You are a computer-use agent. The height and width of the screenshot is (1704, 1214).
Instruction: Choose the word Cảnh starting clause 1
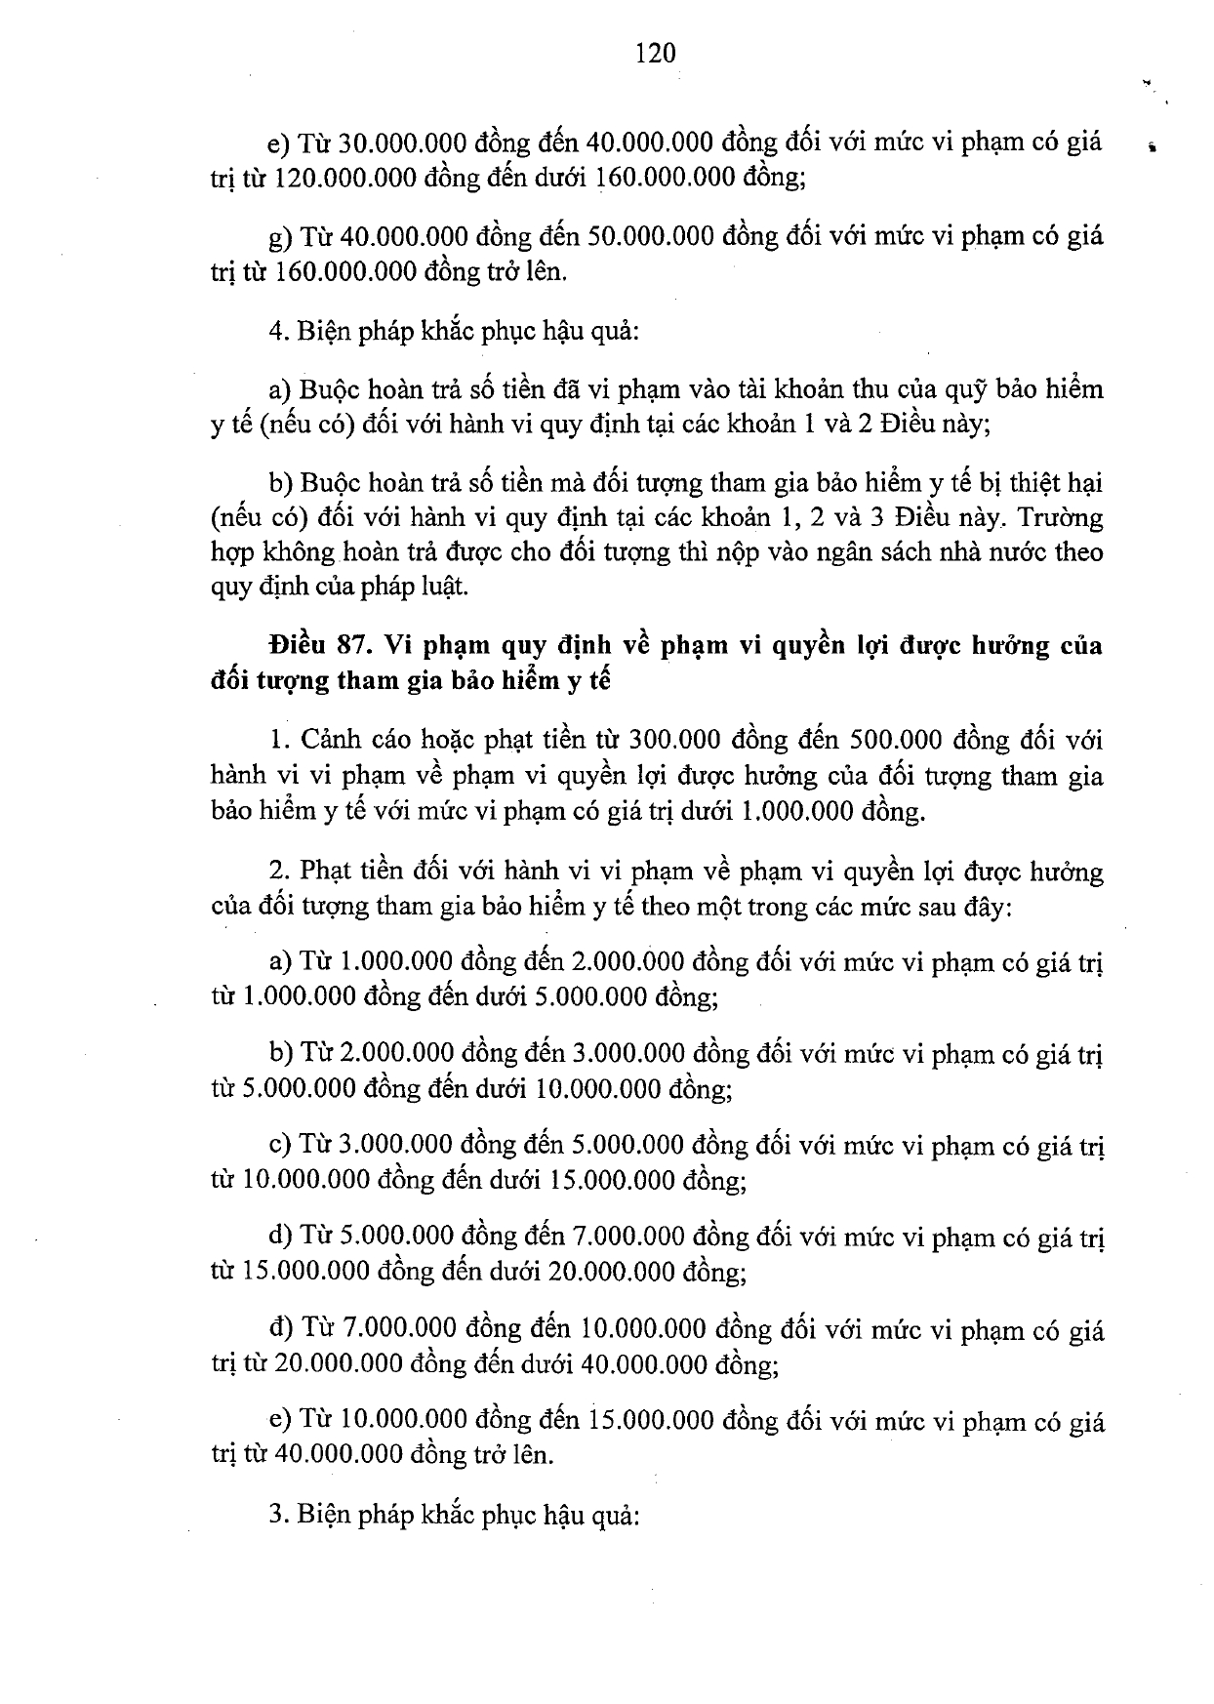(335, 739)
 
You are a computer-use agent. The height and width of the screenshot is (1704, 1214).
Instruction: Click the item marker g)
(280, 237)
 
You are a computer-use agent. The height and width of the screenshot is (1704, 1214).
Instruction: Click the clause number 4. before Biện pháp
(277, 331)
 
